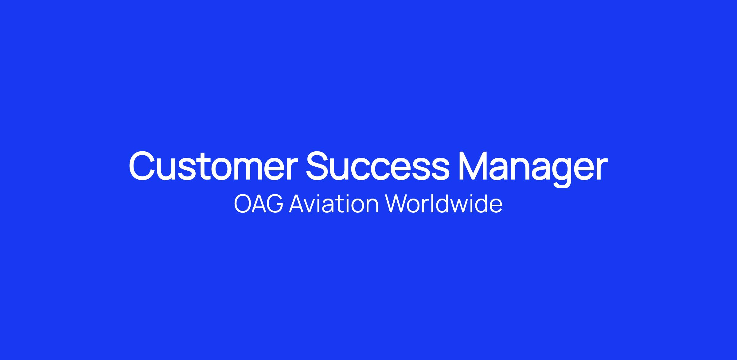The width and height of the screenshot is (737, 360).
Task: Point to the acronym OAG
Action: [258, 204]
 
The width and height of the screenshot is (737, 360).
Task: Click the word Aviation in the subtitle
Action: [334, 204]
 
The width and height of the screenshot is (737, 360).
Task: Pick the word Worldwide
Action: [444, 204]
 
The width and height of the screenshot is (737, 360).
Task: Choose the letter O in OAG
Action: [242, 204]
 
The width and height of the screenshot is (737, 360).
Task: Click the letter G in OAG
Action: [275, 204]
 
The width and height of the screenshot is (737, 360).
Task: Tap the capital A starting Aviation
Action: [297, 204]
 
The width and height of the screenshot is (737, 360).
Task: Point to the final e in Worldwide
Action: [497, 207]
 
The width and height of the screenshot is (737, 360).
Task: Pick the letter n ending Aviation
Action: [373, 206]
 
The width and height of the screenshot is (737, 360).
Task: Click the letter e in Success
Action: [404, 170]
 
